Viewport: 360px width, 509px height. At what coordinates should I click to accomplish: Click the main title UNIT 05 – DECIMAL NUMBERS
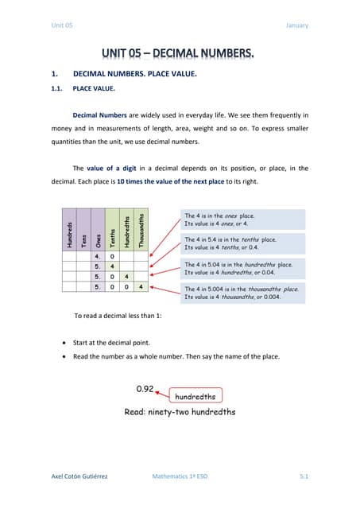179,54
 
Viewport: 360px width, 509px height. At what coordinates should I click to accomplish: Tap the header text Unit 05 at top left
61,25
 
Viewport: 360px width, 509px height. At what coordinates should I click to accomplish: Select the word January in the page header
296,25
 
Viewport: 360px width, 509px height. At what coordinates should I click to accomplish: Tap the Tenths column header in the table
112,235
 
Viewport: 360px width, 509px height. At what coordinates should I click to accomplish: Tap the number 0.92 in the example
145,389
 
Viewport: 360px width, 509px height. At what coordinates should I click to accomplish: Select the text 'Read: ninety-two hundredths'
180,412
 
